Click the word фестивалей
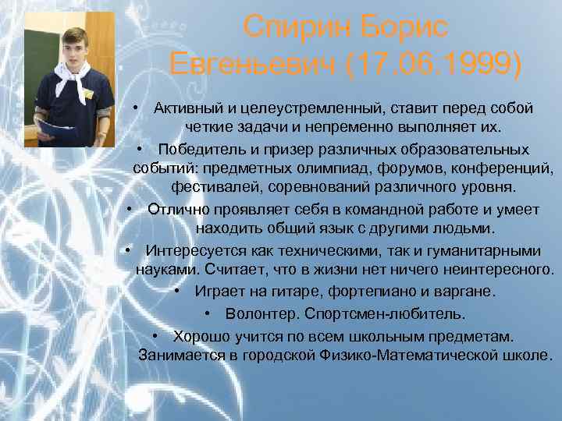pyautogui.click(x=208, y=188)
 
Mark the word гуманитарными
pyautogui.click(x=486, y=250)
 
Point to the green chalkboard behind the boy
pyautogui.click(x=35, y=55)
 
